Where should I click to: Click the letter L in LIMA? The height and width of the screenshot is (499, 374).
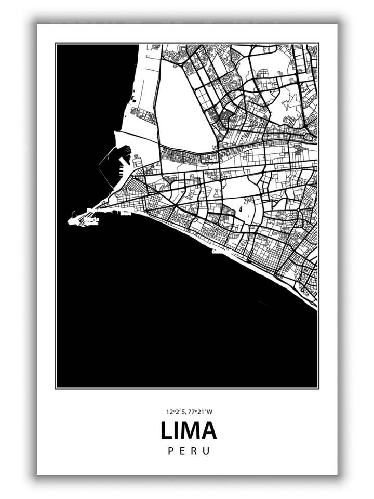point(167,431)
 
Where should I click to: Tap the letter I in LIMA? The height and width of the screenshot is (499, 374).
point(178,431)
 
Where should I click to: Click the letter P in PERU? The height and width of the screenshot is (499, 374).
point(171,451)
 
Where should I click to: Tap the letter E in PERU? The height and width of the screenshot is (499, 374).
point(182,451)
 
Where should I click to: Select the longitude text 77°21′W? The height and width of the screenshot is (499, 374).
point(201,412)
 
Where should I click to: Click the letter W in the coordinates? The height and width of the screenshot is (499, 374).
point(209,412)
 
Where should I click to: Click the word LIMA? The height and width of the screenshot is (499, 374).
point(188,431)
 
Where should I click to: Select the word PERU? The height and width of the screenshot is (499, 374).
point(189,451)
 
